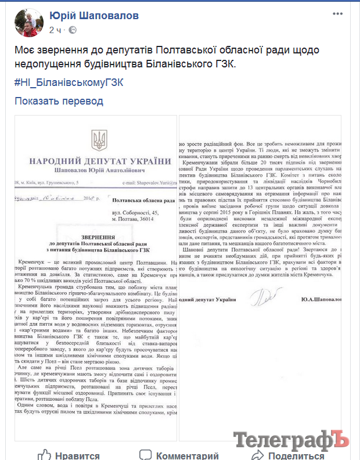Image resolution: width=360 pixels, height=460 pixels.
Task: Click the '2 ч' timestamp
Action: coord(56,30)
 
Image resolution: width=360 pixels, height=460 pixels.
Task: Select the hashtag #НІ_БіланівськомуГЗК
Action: coord(69,82)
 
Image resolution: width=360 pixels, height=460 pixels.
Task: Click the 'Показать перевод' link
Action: coord(59,101)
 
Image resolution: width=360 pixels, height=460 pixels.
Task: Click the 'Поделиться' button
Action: coord(296,455)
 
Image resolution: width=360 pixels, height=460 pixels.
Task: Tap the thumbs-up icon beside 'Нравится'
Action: coord(45,454)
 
